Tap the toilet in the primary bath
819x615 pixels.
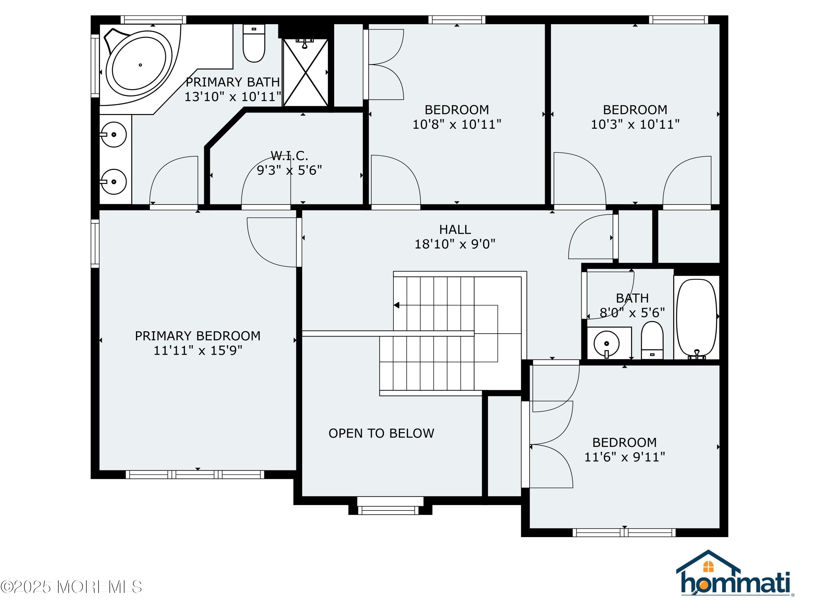[254, 43]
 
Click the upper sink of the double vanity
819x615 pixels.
[113, 134]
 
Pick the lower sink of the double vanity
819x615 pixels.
[113, 182]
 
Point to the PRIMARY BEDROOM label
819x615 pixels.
[197, 336]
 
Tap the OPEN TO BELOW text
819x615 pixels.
[381, 433]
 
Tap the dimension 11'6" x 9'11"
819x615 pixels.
[624, 457]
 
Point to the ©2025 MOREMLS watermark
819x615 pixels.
[71, 587]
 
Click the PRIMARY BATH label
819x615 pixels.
[233, 82]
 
